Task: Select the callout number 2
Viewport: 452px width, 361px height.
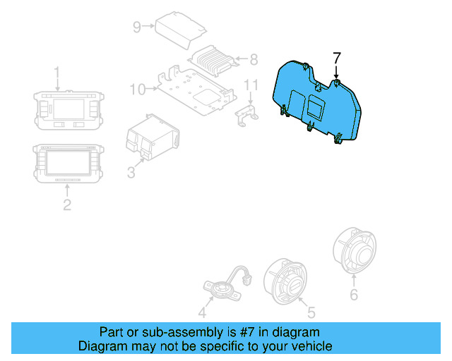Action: point(66,204)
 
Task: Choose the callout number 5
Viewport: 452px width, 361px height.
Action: point(307,311)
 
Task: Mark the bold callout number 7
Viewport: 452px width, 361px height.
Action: point(336,58)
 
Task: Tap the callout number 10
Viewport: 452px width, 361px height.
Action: point(137,89)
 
